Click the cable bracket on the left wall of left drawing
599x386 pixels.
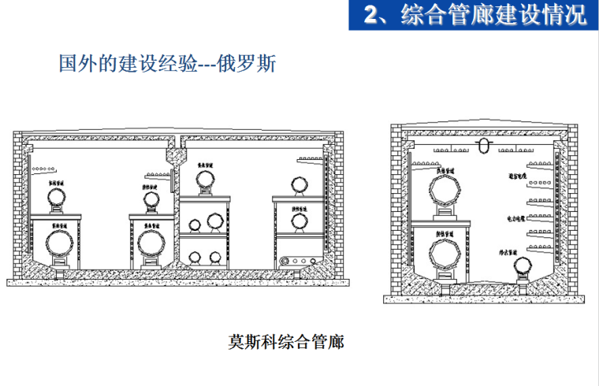[x=41, y=169]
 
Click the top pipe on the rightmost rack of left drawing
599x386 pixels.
[x=299, y=185]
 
